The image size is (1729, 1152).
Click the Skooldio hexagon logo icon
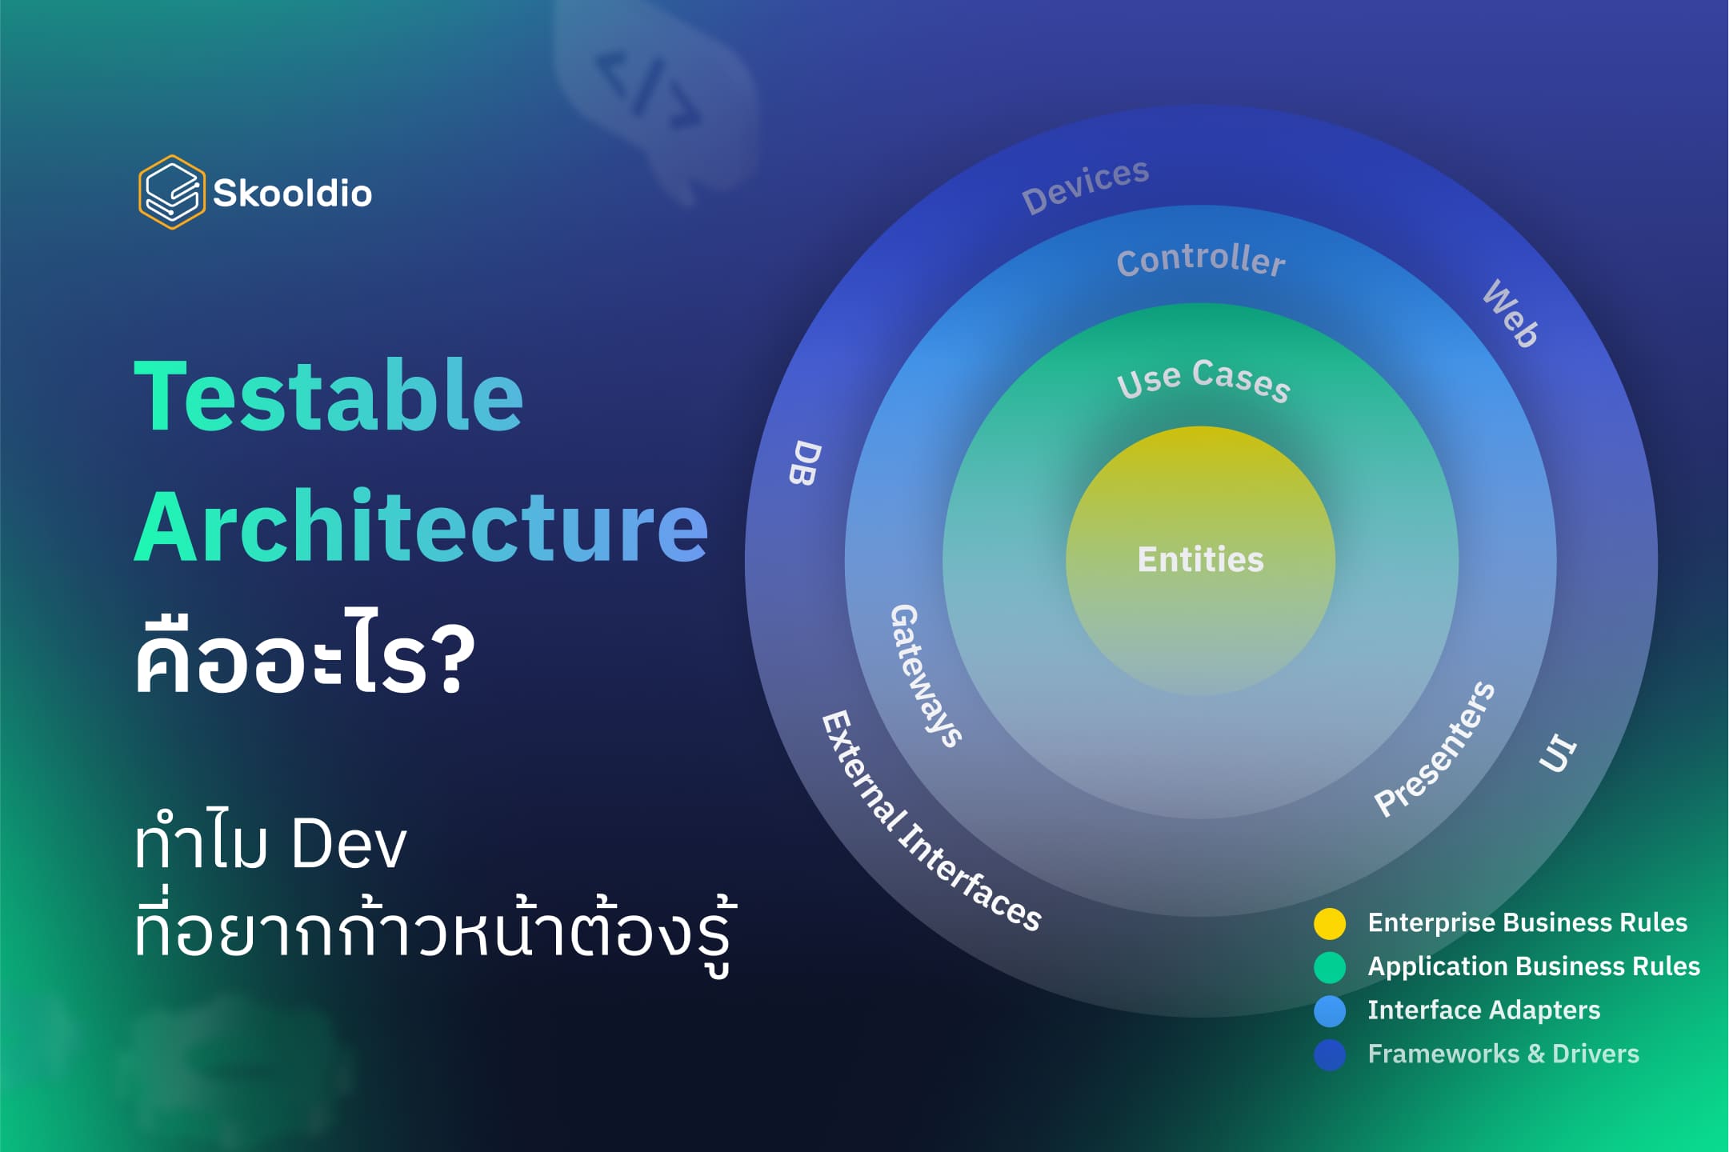(x=170, y=192)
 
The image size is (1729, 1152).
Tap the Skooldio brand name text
(x=292, y=194)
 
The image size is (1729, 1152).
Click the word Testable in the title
(x=328, y=397)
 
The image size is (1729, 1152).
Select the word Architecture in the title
(x=421, y=526)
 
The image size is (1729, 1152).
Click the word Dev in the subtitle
(x=349, y=845)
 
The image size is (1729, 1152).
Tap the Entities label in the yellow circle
(x=1200, y=559)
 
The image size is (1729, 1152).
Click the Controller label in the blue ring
(x=1200, y=259)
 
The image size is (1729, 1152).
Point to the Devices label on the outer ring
(x=1085, y=186)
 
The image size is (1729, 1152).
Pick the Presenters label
(x=1435, y=749)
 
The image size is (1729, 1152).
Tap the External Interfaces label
(x=931, y=821)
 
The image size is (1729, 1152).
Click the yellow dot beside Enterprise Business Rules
(x=1330, y=923)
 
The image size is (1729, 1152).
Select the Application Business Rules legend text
(x=1533, y=966)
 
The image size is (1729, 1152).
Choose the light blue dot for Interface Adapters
(x=1330, y=1011)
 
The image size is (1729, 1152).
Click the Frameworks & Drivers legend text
(x=1503, y=1054)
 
